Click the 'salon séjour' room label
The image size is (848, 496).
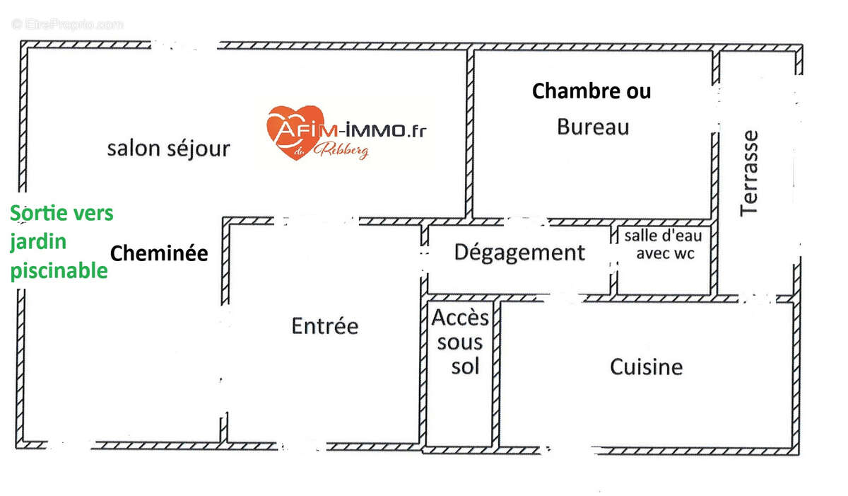[168, 149]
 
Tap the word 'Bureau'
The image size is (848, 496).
[593, 127]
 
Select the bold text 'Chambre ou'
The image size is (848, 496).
[591, 91]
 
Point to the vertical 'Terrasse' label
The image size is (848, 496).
[750, 173]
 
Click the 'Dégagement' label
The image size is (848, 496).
[519, 253]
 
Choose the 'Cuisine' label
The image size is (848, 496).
[647, 367]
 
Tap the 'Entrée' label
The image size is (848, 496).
[325, 326]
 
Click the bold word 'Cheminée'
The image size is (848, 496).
[160, 253]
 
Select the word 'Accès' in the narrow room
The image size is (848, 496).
[460, 317]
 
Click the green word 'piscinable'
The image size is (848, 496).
[59, 271]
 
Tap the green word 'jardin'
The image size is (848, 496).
[38, 242]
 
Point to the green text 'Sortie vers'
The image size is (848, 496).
[62, 213]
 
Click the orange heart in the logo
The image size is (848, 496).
[294, 131]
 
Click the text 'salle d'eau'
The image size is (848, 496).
[663, 236]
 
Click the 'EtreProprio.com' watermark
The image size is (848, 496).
[68, 24]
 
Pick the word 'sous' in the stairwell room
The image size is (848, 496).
[460, 342]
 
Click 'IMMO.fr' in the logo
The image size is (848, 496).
[388, 130]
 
